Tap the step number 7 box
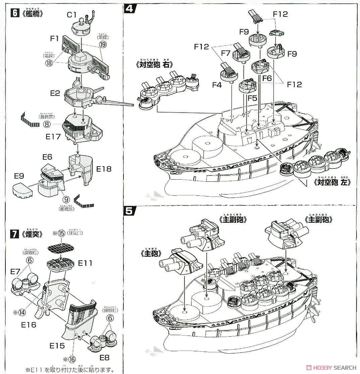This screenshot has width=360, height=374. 14,234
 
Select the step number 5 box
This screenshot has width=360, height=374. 130,211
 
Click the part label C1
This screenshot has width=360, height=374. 72,15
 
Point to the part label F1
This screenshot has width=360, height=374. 55,39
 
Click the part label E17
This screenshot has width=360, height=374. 54,136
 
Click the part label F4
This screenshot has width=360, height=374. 217,85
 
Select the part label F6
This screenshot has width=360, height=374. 267,78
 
